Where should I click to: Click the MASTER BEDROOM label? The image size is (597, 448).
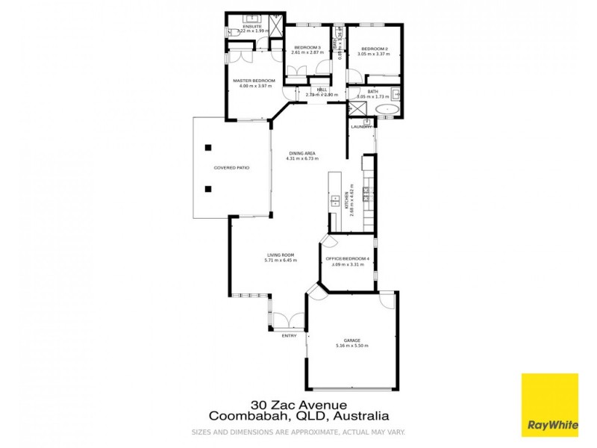(x=254, y=81)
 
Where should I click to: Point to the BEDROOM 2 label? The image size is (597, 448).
(x=373, y=49)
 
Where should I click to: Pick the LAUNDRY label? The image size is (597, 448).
(x=362, y=127)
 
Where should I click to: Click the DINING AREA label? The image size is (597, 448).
(x=301, y=153)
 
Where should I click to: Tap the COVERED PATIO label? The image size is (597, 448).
(x=231, y=168)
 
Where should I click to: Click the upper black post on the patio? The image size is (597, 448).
(x=210, y=146)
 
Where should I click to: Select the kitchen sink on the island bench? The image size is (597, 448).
(x=336, y=201)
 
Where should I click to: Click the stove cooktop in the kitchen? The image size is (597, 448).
(x=366, y=194)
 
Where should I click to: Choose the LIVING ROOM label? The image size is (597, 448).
(x=281, y=255)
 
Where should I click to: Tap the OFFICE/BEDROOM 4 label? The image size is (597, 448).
(x=348, y=258)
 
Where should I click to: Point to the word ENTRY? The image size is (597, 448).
(x=289, y=335)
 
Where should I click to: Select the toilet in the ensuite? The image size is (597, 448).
(x=234, y=32)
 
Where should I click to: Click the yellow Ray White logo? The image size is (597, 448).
(x=549, y=405)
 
